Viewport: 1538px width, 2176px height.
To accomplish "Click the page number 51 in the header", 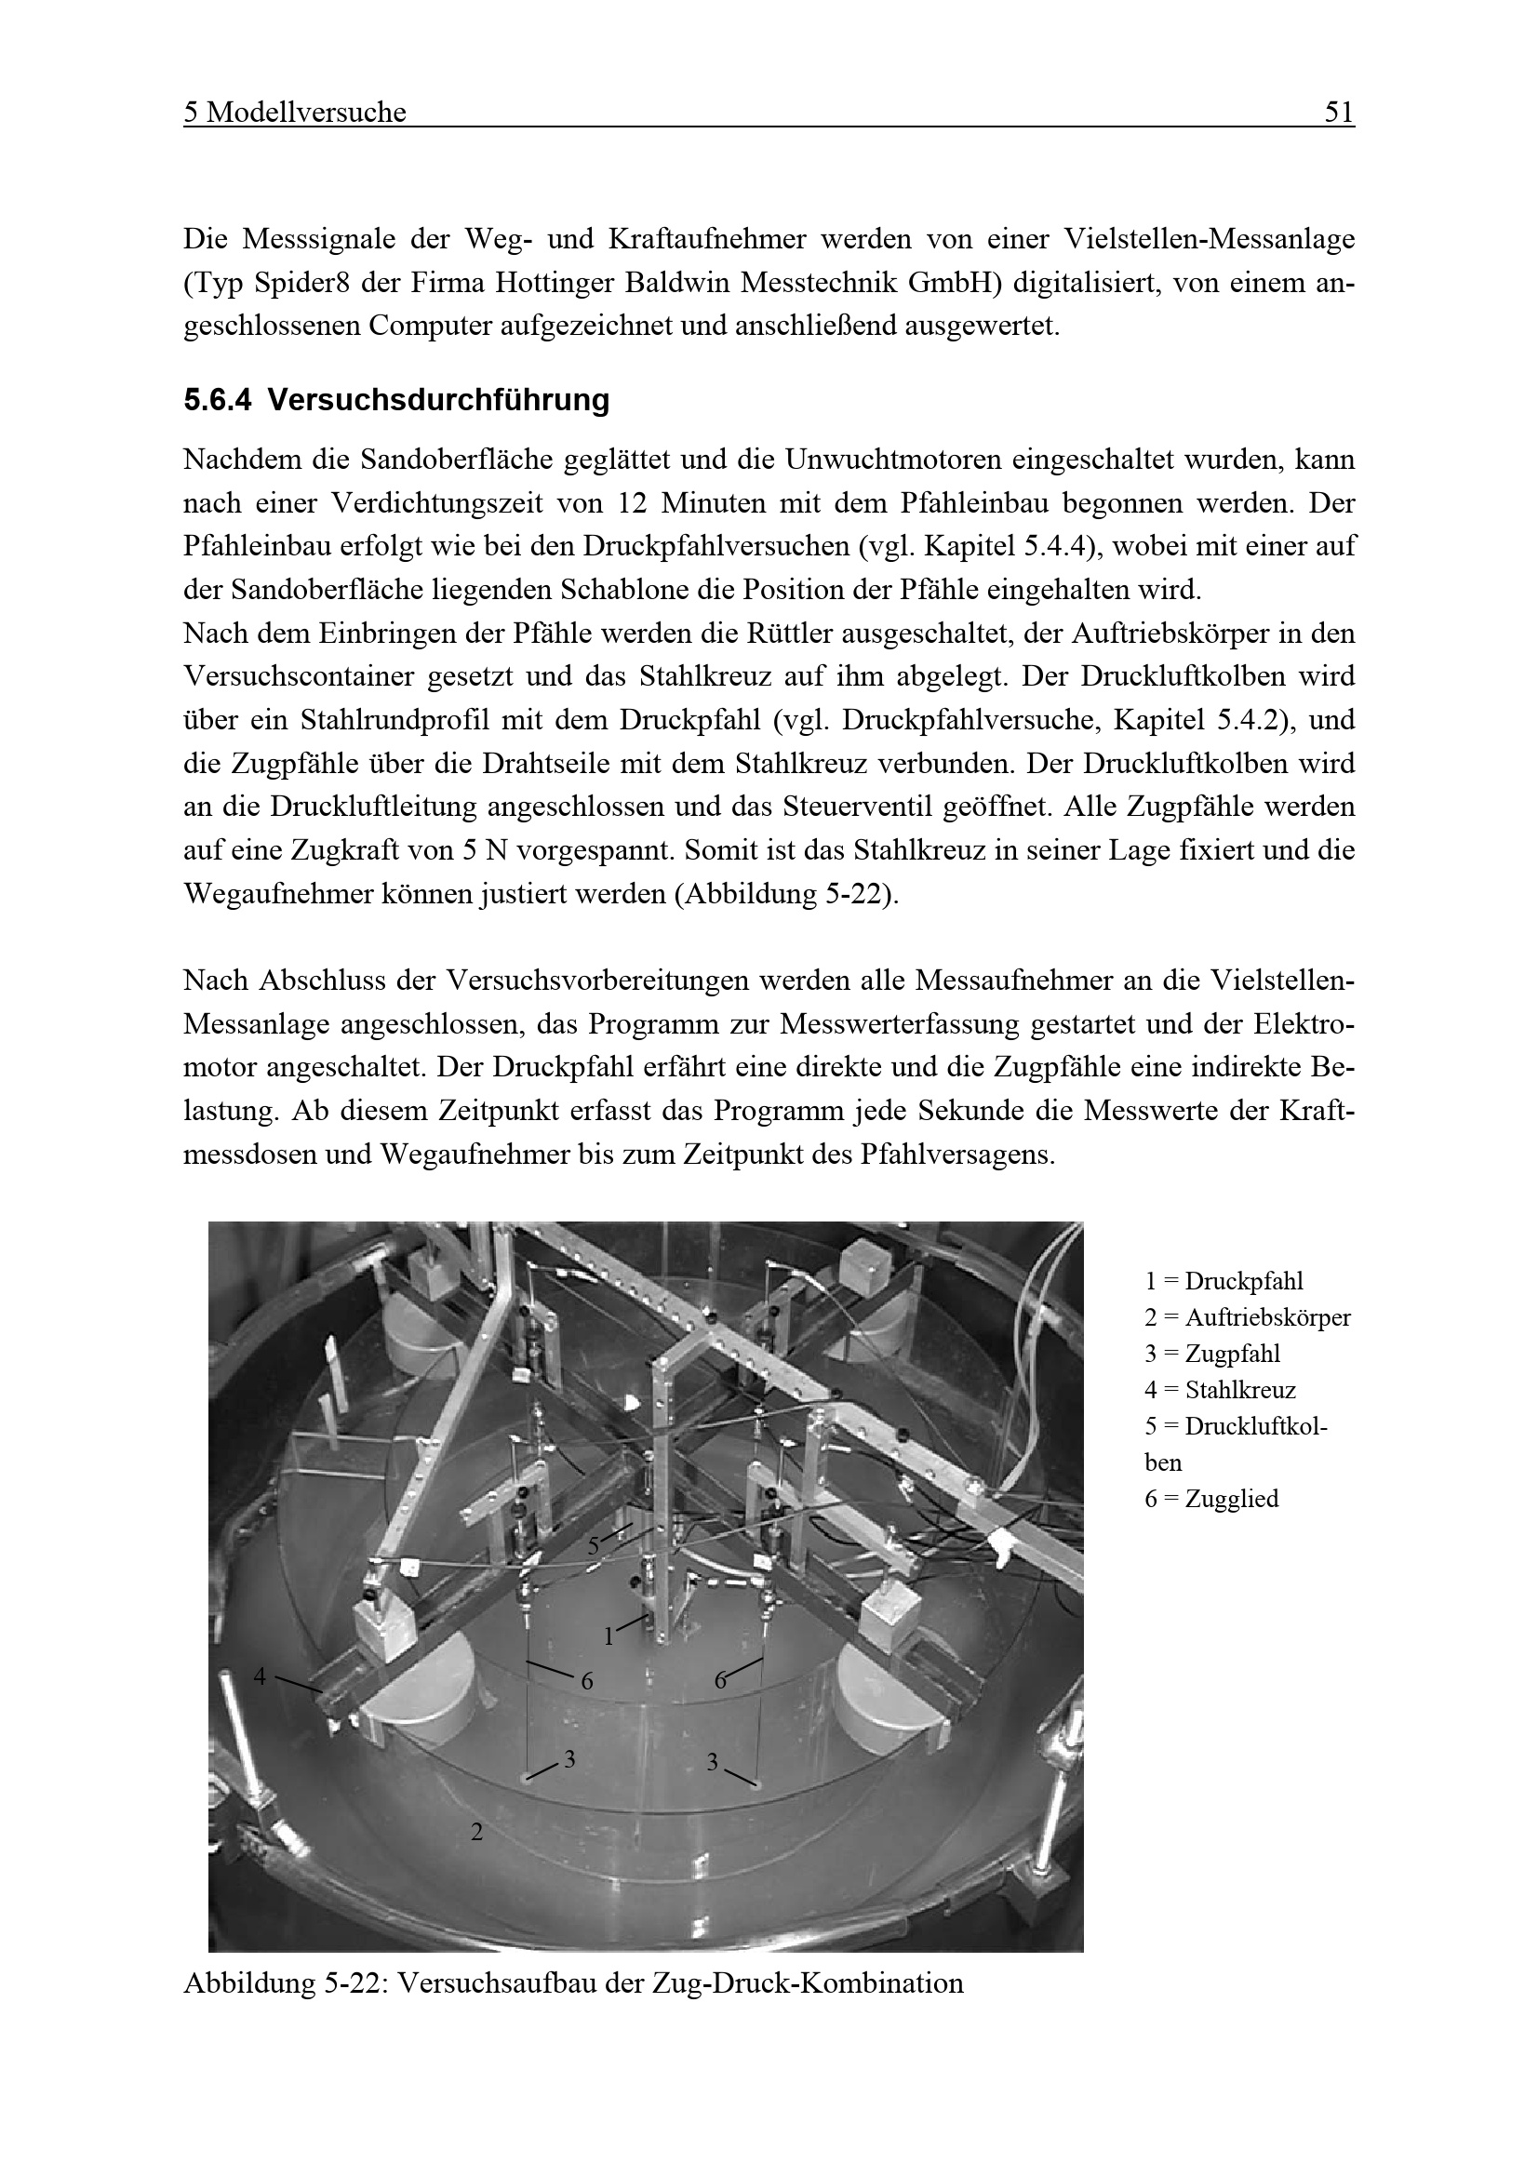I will click(1338, 113).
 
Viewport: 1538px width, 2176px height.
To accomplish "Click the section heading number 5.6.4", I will click(217, 401).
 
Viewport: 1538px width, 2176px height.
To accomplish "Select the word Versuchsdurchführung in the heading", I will click(438, 401).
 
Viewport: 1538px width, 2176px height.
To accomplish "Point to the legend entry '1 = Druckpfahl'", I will click(1224, 1281).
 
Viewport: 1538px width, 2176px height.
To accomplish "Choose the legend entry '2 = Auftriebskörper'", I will click(1247, 1317).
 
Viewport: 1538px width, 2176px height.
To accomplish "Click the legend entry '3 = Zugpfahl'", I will click(1212, 1354).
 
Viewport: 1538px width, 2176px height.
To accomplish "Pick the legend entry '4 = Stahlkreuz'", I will click(1220, 1390).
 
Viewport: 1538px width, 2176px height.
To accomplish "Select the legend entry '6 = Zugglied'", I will click(1211, 1499).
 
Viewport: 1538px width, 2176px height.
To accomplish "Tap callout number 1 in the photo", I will click(609, 1635).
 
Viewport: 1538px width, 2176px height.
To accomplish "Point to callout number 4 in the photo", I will click(261, 1676).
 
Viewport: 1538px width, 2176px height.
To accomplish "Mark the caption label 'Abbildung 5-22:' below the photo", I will click(286, 1983).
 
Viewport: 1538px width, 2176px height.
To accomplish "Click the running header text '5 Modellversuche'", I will click(295, 113).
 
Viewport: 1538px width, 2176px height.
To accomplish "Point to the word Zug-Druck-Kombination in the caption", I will click(808, 1983).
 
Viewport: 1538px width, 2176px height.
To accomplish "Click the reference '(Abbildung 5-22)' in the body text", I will click(785, 894).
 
